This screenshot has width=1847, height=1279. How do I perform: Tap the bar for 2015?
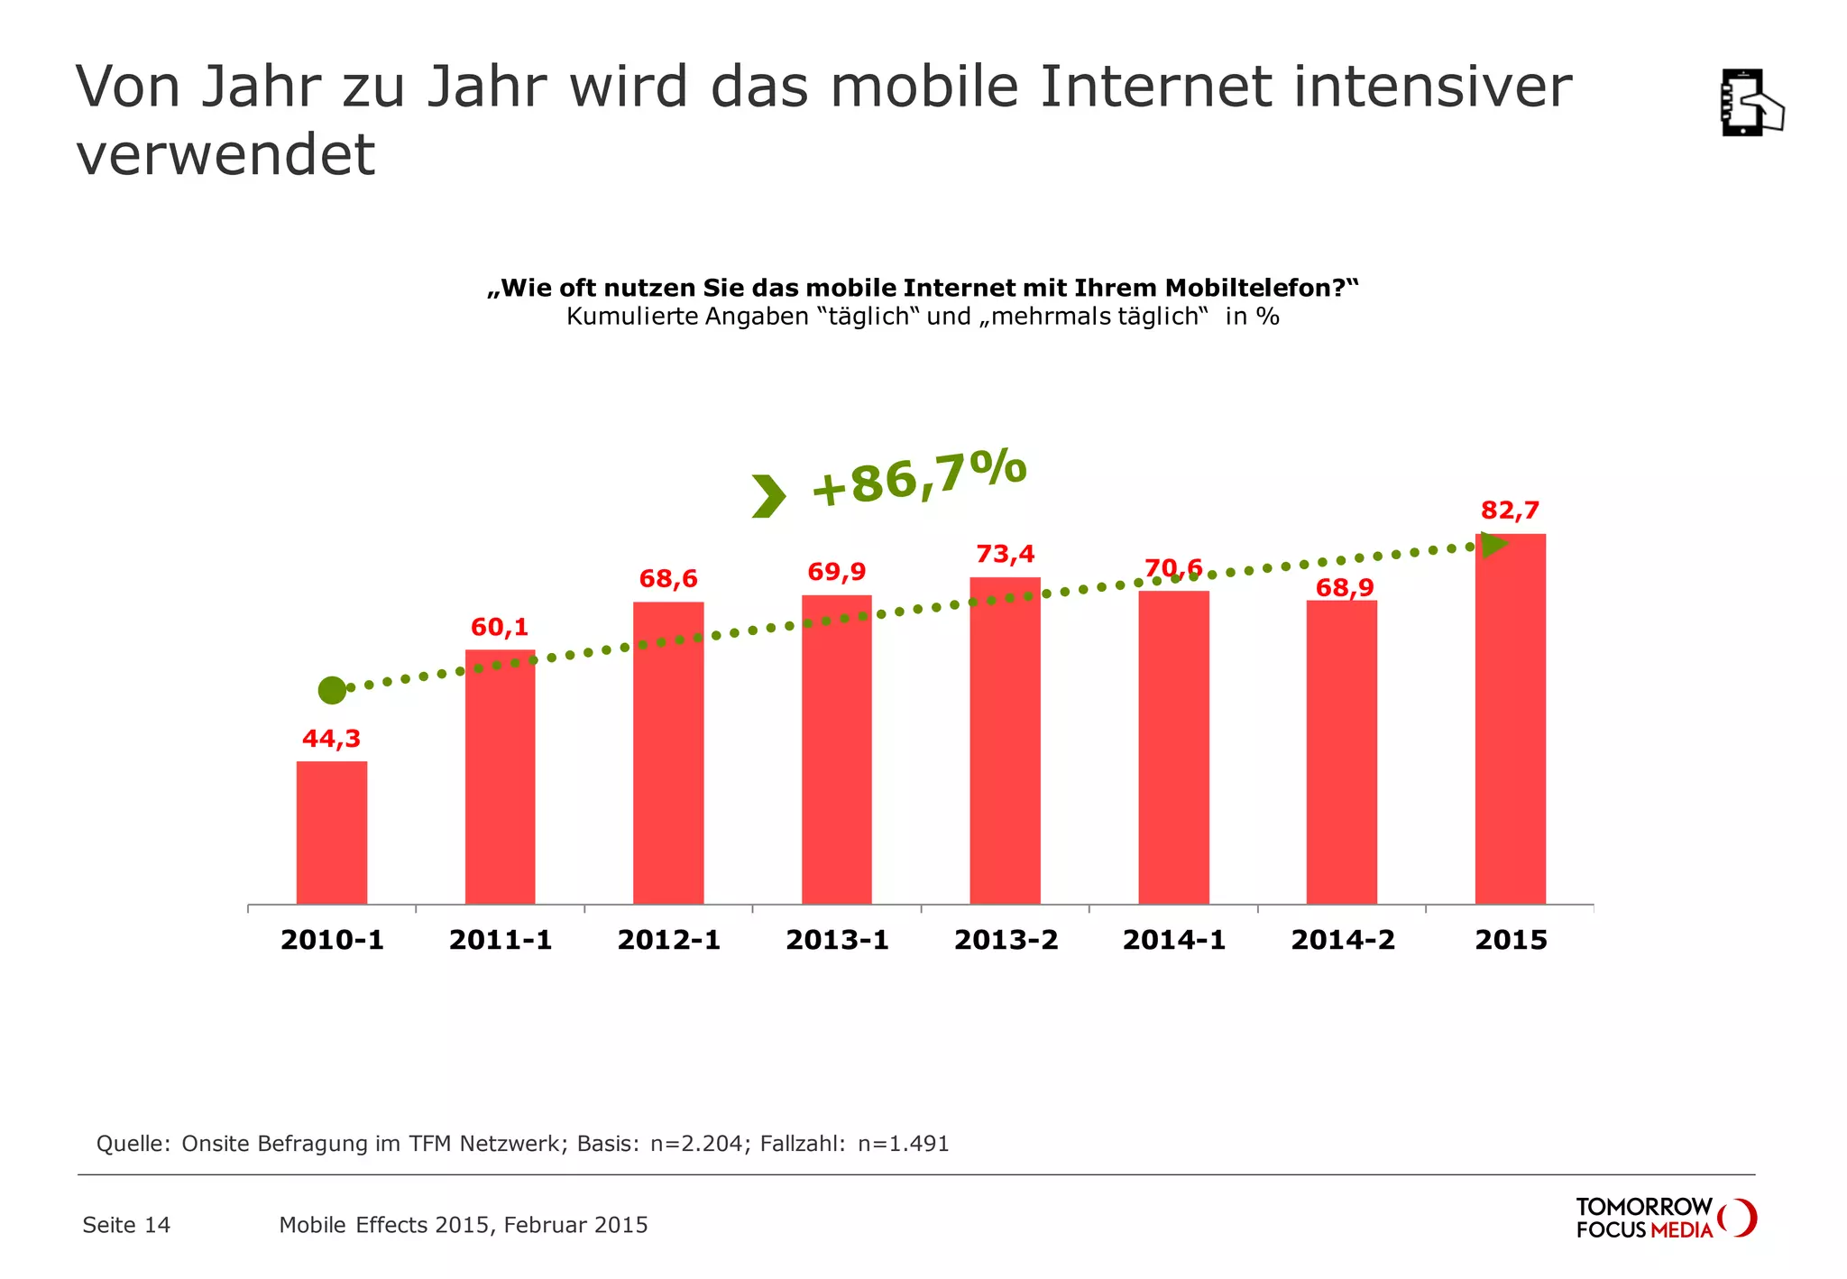click(x=1510, y=719)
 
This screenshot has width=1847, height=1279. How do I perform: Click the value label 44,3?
click(x=331, y=739)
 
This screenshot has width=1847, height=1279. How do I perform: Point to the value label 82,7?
click(x=1510, y=511)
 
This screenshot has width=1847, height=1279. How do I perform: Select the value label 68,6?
click(x=668, y=578)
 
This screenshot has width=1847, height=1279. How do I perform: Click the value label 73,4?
click(x=1005, y=553)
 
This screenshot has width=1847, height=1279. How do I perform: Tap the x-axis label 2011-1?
click(x=501, y=940)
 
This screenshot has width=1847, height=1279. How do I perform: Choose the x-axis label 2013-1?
click(x=837, y=940)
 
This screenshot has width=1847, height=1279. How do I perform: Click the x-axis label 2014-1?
click(x=1173, y=940)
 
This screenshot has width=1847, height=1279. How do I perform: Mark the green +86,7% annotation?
click(x=918, y=478)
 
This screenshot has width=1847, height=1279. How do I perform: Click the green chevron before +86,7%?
click(x=768, y=496)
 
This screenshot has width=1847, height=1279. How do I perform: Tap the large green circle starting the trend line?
click(x=332, y=691)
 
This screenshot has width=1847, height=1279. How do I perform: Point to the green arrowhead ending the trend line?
click(x=1494, y=545)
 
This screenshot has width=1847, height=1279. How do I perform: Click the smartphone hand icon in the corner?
click(x=1751, y=103)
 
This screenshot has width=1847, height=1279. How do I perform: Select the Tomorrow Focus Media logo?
click(x=1665, y=1218)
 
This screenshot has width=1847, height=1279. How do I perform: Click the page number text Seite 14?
click(x=126, y=1225)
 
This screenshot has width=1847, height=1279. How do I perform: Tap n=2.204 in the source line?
click(x=696, y=1144)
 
